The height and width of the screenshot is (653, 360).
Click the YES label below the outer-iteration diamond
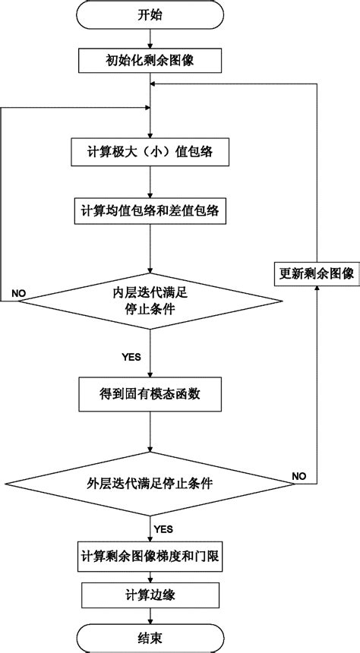[163, 528]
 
